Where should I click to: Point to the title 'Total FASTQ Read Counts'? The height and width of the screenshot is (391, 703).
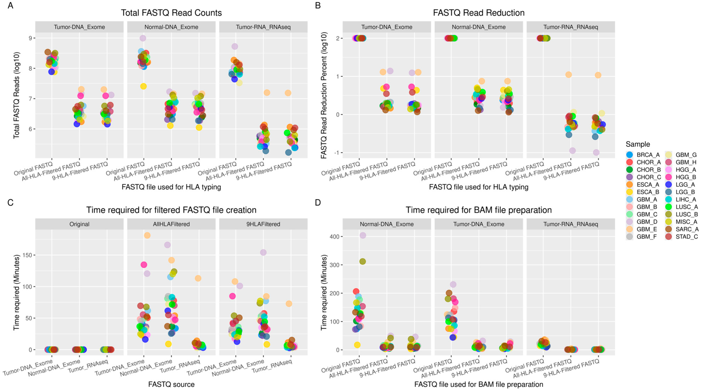click(x=171, y=13)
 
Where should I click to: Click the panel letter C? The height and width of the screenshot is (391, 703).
click(x=10, y=203)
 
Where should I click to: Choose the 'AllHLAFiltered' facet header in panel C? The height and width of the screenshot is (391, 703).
click(x=171, y=224)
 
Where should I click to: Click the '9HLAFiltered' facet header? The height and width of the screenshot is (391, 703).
click(x=263, y=224)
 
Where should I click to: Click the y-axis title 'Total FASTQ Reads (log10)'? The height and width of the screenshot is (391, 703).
click(x=16, y=95)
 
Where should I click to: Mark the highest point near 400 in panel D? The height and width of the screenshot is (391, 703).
click(x=363, y=235)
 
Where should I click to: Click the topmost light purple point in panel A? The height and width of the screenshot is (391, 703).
click(x=143, y=38)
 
